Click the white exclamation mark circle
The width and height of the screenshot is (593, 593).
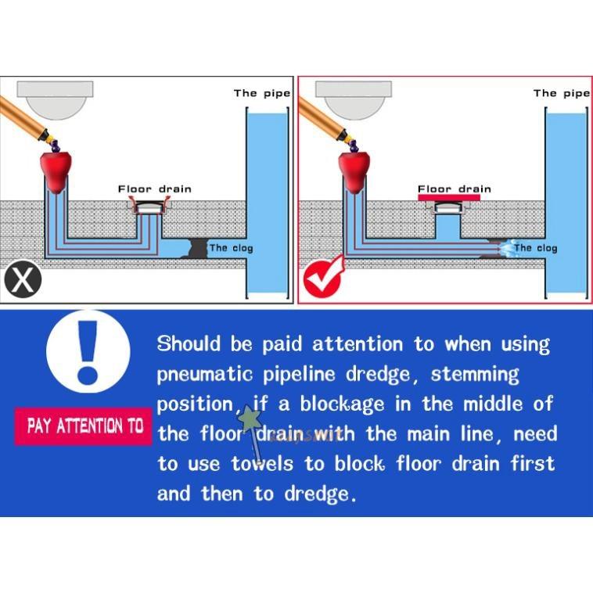(x=88, y=351)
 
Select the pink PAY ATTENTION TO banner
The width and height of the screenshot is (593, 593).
(x=84, y=426)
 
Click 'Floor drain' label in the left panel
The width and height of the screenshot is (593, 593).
(x=154, y=189)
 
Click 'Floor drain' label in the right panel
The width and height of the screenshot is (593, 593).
(x=454, y=189)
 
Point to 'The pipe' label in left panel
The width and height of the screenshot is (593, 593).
(x=261, y=93)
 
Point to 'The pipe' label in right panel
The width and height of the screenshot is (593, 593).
(x=561, y=93)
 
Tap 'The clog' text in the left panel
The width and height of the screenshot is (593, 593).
(x=232, y=248)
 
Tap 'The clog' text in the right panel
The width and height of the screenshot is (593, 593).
(x=536, y=248)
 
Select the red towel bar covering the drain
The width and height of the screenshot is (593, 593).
(x=449, y=198)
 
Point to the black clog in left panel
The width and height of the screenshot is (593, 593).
(x=196, y=248)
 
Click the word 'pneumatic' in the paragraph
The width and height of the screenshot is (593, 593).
(x=204, y=374)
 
